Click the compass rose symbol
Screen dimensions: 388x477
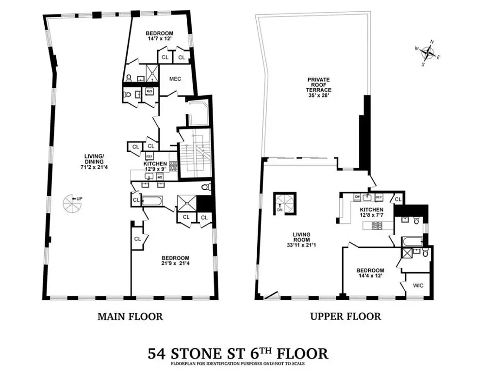[x=427, y=52]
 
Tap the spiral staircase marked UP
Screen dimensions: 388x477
[x=71, y=203]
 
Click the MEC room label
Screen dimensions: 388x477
[x=174, y=79]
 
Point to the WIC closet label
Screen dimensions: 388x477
[x=418, y=285]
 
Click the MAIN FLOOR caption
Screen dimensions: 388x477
[x=130, y=317]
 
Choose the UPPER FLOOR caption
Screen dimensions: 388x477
[x=345, y=317]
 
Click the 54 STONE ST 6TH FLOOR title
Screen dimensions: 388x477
[x=238, y=353]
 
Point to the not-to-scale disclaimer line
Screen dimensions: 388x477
[x=238, y=363]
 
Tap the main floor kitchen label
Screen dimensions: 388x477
[x=156, y=164]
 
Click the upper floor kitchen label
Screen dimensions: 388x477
[x=372, y=210]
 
